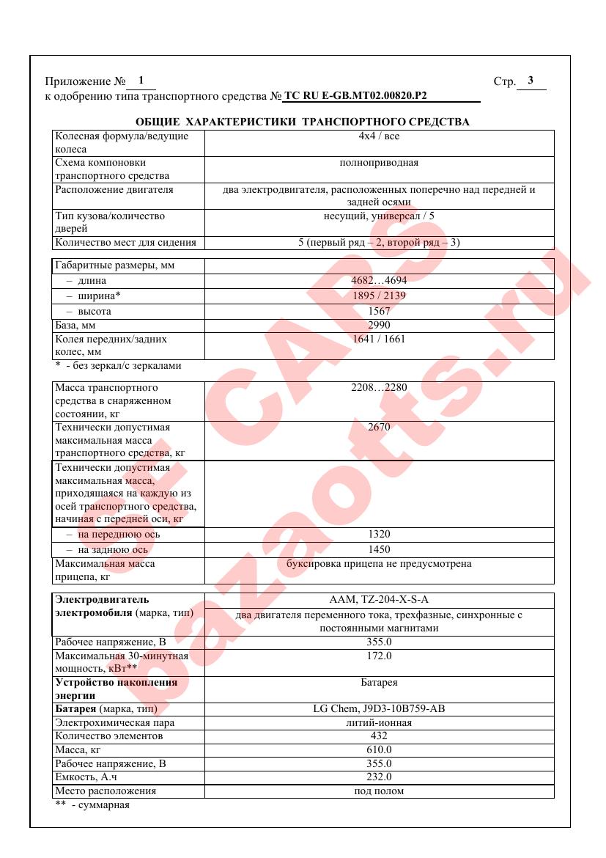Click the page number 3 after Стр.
click(531, 81)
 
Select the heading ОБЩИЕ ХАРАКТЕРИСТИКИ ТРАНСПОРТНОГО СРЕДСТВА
click(303, 122)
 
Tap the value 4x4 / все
click(379, 136)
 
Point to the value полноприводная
click(379, 163)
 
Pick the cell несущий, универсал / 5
click(379, 216)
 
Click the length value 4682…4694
click(379, 281)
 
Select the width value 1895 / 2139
click(379, 296)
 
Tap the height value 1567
click(379, 311)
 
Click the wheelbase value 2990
click(379, 325)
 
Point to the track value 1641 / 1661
click(379, 339)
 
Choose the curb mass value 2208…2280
click(379, 387)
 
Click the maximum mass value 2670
click(379, 427)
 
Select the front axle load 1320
click(379, 535)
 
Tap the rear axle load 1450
click(379, 549)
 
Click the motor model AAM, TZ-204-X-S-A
click(379, 599)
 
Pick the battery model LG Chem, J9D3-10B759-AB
click(379, 709)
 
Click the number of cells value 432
click(379, 736)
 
